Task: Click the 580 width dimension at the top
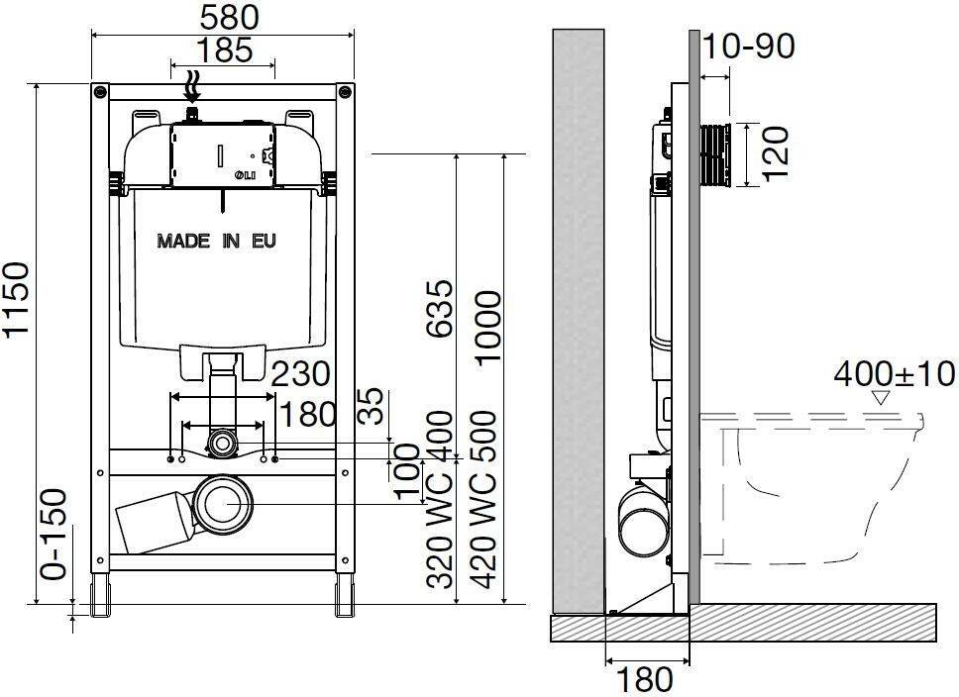coord(230,18)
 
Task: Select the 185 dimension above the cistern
coord(225,50)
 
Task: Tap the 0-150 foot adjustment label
coord(53,535)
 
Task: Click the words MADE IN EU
coord(217,241)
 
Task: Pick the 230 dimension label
coord(301,374)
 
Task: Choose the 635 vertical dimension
coord(440,309)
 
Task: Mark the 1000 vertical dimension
coord(487,329)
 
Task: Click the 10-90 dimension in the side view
coord(749,46)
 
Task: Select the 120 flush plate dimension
coord(776,154)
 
